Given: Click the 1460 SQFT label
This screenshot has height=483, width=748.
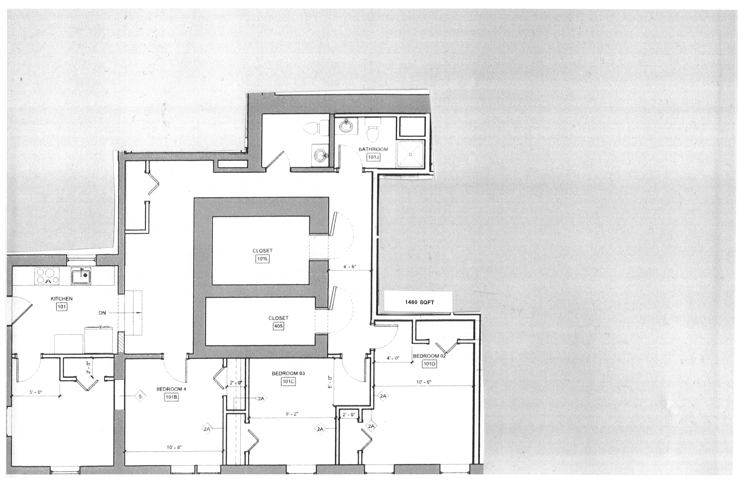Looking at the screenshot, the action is (x=419, y=302).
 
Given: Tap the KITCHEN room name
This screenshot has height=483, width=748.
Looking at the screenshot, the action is (x=62, y=299).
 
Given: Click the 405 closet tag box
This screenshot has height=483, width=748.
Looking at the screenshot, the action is (x=279, y=326).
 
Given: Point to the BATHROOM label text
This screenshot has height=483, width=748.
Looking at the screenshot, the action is (x=373, y=149).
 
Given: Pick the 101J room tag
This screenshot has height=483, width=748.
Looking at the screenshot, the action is (x=373, y=157).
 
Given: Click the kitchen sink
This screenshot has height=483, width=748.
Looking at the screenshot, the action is (x=81, y=276).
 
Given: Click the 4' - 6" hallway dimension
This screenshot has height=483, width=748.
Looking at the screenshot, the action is (x=350, y=267).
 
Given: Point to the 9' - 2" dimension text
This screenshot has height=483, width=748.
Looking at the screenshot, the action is (x=292, y=414).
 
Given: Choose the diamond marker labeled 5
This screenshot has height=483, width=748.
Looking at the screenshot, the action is (x=140, y=396).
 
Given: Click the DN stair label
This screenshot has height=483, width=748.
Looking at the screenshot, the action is (x=102, y=313).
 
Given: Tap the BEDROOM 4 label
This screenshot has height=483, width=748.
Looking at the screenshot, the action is (x=171, y=389).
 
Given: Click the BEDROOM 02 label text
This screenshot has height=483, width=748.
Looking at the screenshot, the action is (x=429, y=356).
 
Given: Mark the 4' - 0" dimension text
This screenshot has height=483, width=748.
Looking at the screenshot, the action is (x=393, y=358).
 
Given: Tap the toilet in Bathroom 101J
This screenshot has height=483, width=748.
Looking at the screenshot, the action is (x=373, y=133).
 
